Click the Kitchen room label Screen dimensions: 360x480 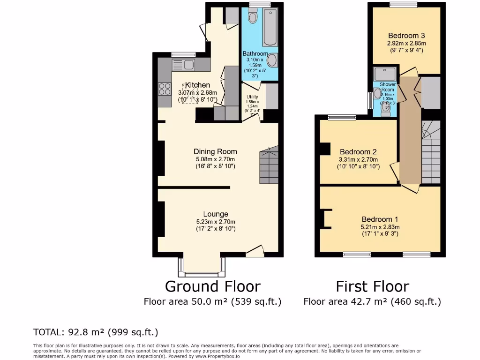click(x=197, y=85)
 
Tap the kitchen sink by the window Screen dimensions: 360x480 click(x=183, y=64)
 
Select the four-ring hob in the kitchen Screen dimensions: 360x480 click(x=165, y=89)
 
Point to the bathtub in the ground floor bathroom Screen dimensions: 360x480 click(x=270, y=28)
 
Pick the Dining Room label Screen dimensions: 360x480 click(x=215, y=151)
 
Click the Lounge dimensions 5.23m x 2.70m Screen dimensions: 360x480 click(x=215, y=222)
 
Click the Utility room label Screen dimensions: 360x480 click(x=252, y=97)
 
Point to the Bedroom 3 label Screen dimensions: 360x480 click(x=406, y=36)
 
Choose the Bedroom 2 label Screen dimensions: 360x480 click(x=358, y=152)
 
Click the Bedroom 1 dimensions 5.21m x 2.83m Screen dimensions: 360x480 click(x=380, y=227)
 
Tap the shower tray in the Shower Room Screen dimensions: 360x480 click(x=385, y=74)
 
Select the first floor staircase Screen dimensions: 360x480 click(x=431, y=152)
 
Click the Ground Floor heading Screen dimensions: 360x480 click(x=212, y=286)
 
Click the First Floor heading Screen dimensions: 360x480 click(x=372, y=286)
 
